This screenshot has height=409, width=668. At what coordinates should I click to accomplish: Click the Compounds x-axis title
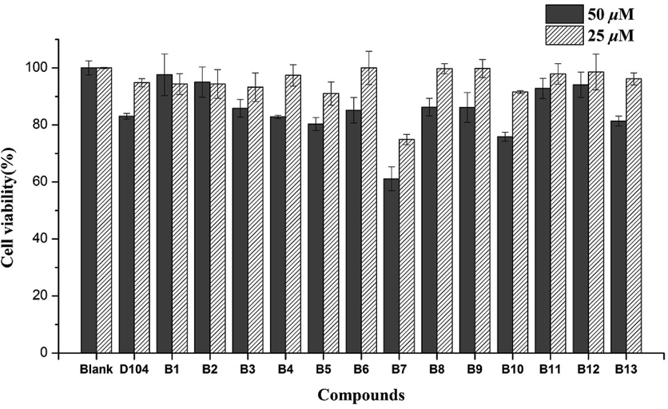[x=360, y=395]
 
